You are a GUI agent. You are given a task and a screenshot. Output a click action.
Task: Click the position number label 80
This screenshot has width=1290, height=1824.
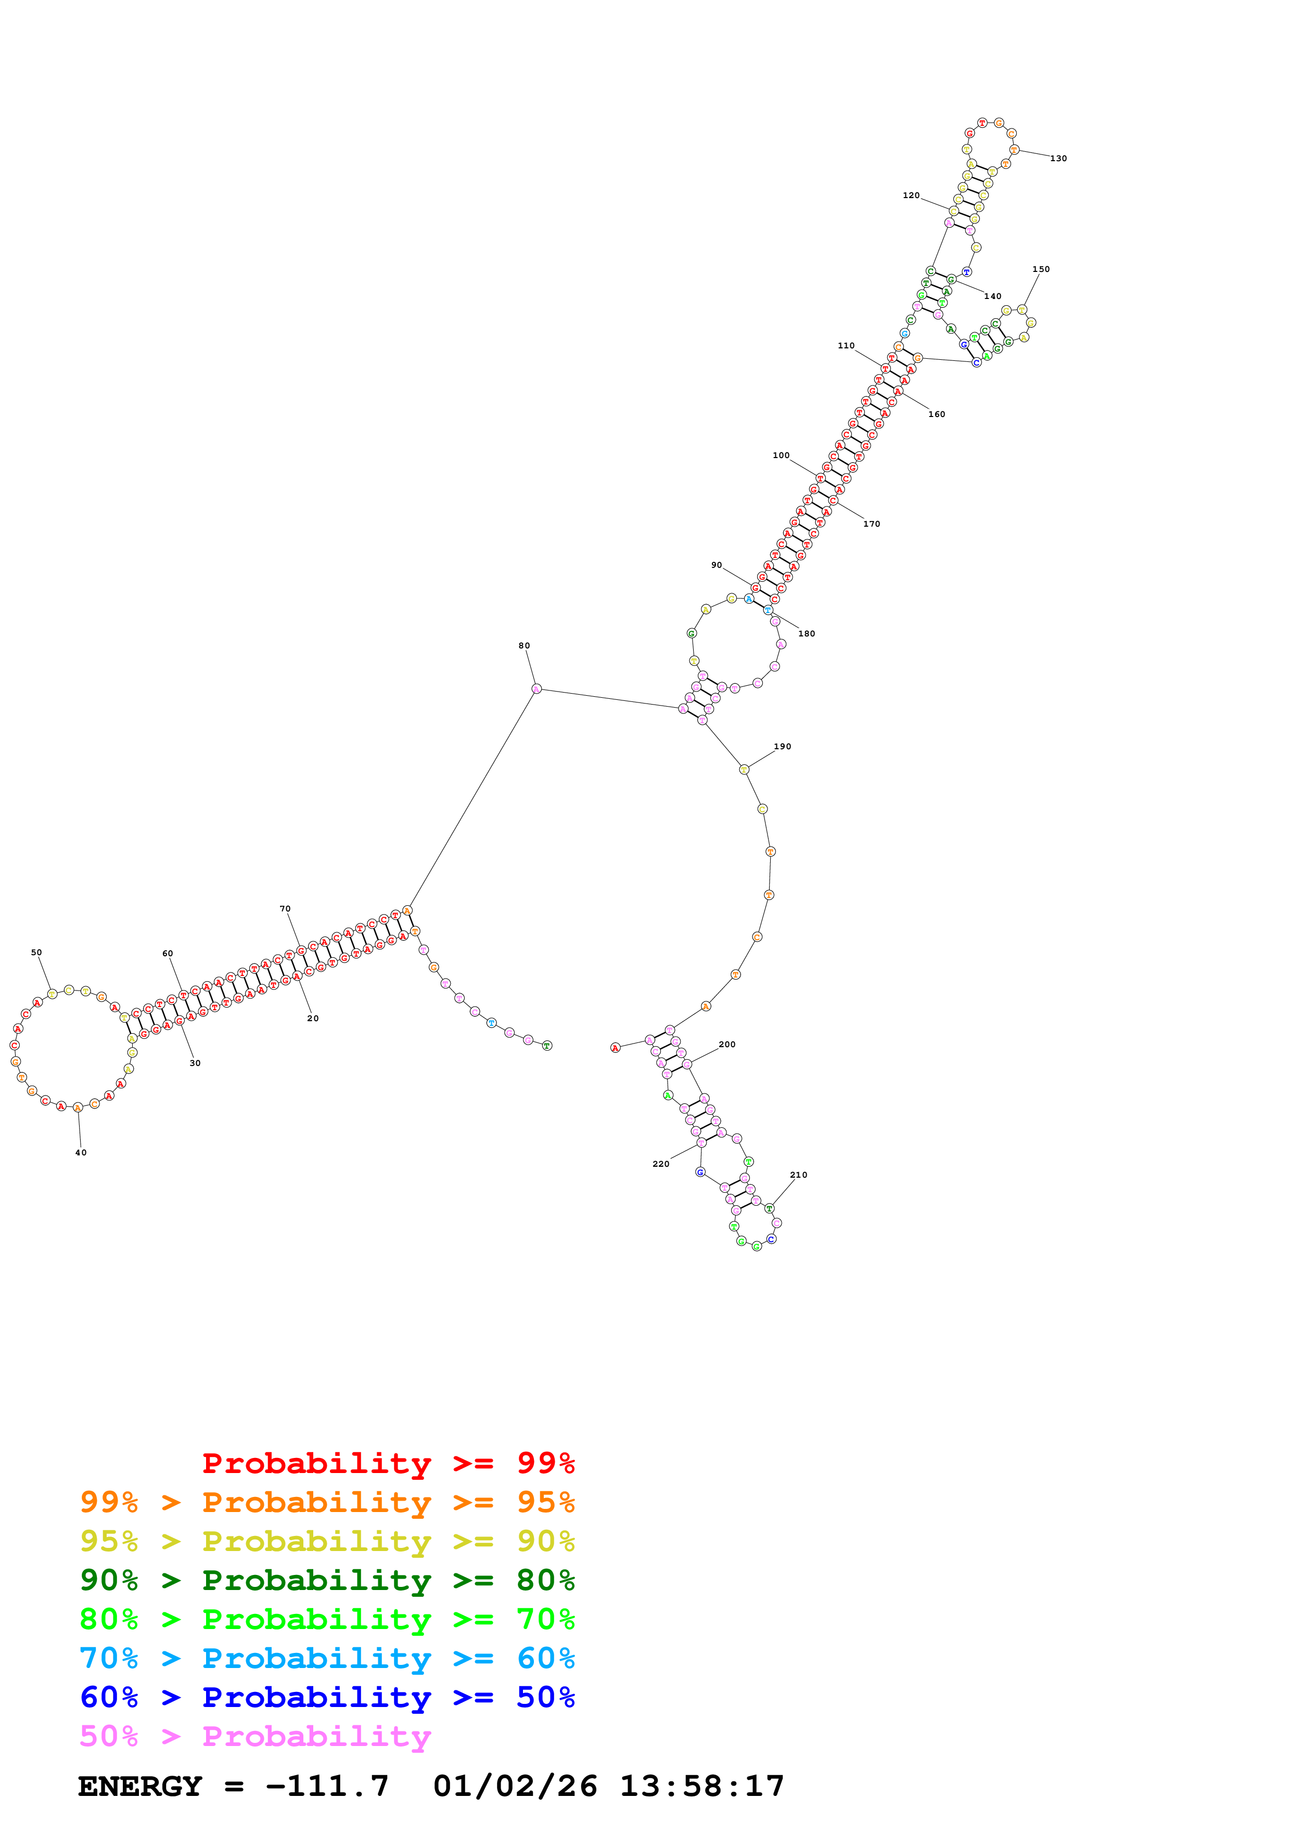pyautogui.click(x=524, y=646)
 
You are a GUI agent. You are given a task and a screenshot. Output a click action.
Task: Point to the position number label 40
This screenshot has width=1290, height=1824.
pyautogui.click(x=81, y=1153)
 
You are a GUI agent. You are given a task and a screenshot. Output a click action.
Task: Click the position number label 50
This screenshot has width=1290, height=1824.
pyautogui.click(x=36, y=953)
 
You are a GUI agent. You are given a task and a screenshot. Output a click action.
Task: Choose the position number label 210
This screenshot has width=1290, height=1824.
pyautogui.click(x=798, y=1175)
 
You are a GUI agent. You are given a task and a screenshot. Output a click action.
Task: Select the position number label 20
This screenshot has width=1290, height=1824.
pyautogui.click(x=313, y=1019)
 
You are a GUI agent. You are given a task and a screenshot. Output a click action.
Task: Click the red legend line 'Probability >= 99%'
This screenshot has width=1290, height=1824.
pyautogui.click(x=388, y=1463)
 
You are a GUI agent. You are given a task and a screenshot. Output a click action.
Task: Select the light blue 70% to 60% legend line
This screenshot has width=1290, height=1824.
pyautogui.click(x=327, y=1658)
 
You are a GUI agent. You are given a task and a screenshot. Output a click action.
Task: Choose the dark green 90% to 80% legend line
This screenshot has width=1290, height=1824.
pyautogui.click(x=327, y=1580)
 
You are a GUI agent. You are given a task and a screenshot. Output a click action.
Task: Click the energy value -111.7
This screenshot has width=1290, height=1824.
pyautogui.click(x=327, y=1786)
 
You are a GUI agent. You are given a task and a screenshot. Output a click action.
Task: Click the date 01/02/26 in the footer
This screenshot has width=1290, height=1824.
pyautogui.click(x=515, y=1786)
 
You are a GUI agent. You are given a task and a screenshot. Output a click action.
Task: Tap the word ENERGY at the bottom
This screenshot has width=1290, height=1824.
pyautogui.click(x=140, y=1786)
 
